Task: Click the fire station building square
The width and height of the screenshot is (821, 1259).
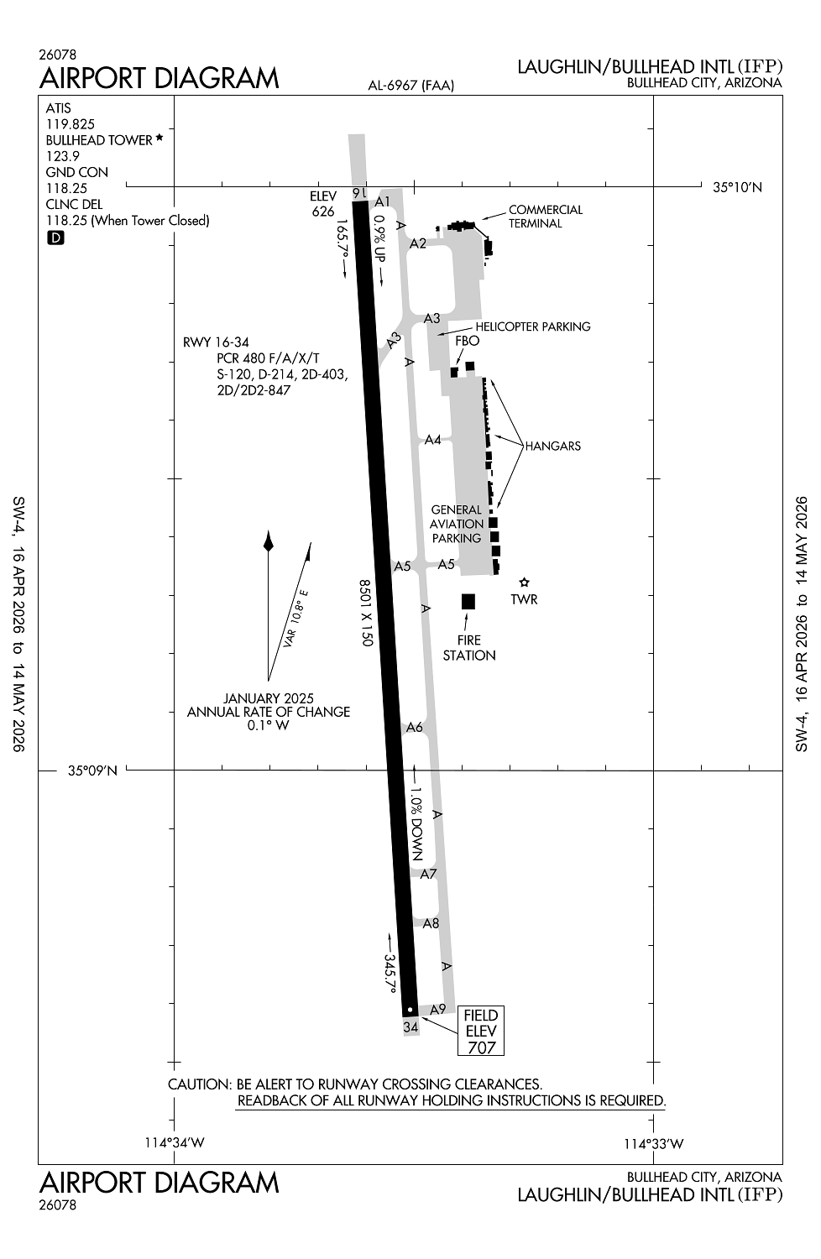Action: (x=468, y=602)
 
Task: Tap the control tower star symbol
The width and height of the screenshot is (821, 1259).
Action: (x=524, y=582)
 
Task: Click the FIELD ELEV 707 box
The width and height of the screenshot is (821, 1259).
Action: (x=481, y=1031)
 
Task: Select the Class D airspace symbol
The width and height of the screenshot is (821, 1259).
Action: (x=55, y=238)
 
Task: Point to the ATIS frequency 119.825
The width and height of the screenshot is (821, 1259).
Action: (x=71, y=124)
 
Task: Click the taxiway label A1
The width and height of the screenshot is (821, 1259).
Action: (x=383, y=201)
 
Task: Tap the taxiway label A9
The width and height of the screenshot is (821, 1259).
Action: (x=437, y=1010)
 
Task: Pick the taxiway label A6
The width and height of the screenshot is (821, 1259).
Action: (x=415, y=728)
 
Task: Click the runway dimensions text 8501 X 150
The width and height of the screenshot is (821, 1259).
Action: (x=366, y=613)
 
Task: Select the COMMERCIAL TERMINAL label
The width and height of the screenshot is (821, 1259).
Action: (x=546, y=217)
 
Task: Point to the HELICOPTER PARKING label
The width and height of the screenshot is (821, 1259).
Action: (x=533, y=327)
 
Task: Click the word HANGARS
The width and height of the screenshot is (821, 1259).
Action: (x=552, y=447)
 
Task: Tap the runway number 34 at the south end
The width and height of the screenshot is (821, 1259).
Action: (x=411, y=1027)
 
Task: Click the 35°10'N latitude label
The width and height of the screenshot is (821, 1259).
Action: (x=737, y=188)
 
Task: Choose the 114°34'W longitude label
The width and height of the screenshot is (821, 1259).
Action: (x=175, y=1143)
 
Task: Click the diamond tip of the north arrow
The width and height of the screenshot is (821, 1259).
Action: (x=269, y=530)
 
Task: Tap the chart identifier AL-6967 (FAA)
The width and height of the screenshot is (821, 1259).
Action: (x=411, y=86)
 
